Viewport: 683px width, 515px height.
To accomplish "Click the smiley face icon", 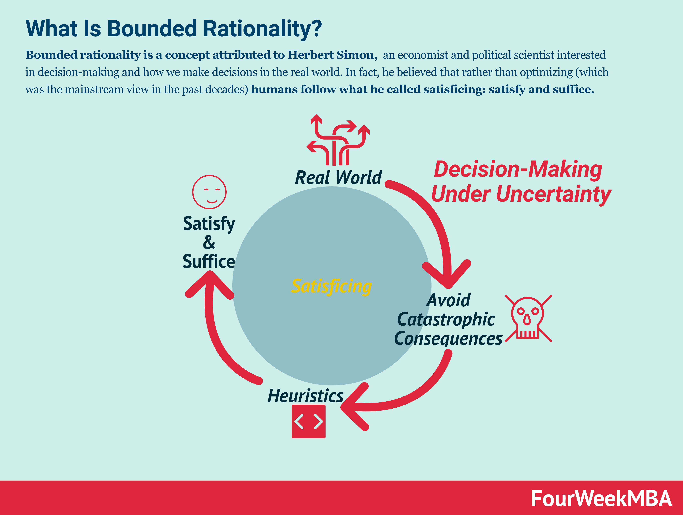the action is point(209,192).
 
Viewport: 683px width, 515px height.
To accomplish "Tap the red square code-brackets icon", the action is point(308,422).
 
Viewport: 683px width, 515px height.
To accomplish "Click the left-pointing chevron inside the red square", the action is point(299,422).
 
